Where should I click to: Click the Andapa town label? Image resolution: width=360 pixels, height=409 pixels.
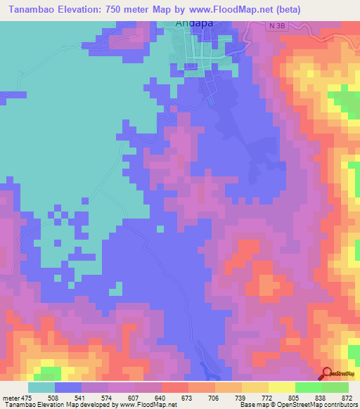(193, 23)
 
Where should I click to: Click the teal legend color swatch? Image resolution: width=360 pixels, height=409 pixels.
(41, 387)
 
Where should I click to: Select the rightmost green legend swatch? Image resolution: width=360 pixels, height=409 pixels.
(335, 387)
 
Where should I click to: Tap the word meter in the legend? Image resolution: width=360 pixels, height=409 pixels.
(12, 397)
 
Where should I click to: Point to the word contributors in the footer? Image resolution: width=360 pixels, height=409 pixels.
(340, 405)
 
